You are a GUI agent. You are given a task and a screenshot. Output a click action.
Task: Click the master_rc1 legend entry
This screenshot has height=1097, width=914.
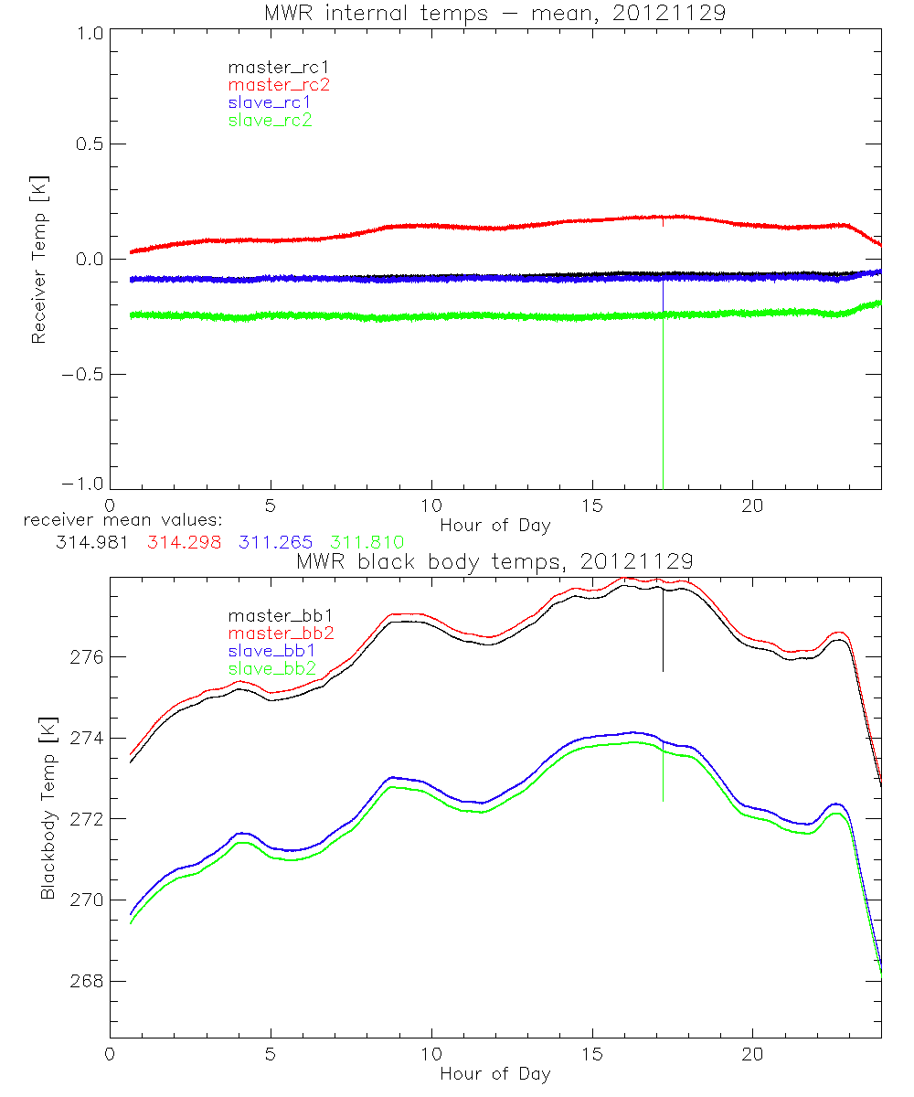(x=270, y=67)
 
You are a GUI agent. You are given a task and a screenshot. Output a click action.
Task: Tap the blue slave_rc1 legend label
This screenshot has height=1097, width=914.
(x=270, y=101)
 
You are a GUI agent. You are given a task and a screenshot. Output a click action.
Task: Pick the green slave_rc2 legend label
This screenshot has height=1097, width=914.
(x=270, y=120)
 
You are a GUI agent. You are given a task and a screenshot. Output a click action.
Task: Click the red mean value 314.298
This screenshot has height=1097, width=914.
(x=184, y=542)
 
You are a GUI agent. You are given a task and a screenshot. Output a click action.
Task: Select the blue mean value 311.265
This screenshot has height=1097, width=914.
(x=277, y=542)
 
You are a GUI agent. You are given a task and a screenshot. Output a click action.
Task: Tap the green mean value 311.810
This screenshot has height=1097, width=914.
(x=367, y=542)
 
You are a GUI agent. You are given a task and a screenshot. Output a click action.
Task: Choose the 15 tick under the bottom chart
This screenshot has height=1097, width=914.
(x=592, y=1053)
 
